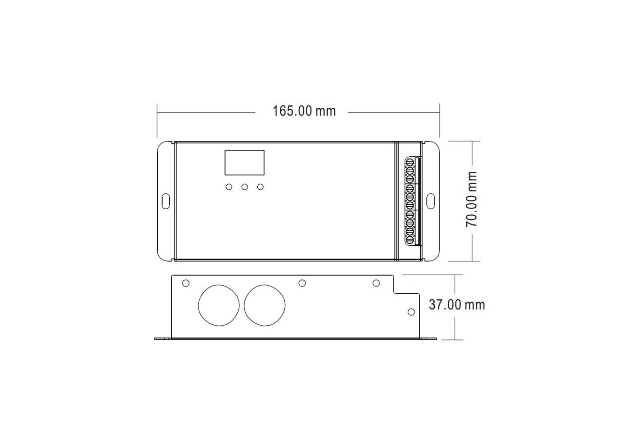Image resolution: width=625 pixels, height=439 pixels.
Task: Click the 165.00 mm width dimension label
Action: click(304, 111)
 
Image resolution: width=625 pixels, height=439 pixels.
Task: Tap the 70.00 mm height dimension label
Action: click(472, 199)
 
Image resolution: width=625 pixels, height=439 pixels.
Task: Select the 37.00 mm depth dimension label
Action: click(457, 305)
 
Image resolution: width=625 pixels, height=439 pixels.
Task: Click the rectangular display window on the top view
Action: click(244, 162)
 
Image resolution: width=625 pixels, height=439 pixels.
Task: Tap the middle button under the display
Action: click(245, 187)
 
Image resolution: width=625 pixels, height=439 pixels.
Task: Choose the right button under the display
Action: click(260, 187)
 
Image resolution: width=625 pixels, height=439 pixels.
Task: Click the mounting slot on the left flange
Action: click(166, 200)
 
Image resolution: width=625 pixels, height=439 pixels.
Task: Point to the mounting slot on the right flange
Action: click(431, 200)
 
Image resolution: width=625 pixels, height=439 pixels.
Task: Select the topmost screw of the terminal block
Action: click(410, 163)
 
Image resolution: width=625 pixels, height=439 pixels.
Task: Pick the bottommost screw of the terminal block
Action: click(410, 239)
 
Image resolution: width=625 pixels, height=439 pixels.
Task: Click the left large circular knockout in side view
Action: click(218, 305)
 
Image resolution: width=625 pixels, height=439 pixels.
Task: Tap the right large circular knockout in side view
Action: click(264, 305)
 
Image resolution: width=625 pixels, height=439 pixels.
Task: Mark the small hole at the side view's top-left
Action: click(186, 283)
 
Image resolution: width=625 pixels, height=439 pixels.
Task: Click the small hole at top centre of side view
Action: click(302, 283)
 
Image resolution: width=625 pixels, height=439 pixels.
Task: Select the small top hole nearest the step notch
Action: click(376, 283)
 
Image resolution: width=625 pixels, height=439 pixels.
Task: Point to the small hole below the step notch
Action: click(411, 312)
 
